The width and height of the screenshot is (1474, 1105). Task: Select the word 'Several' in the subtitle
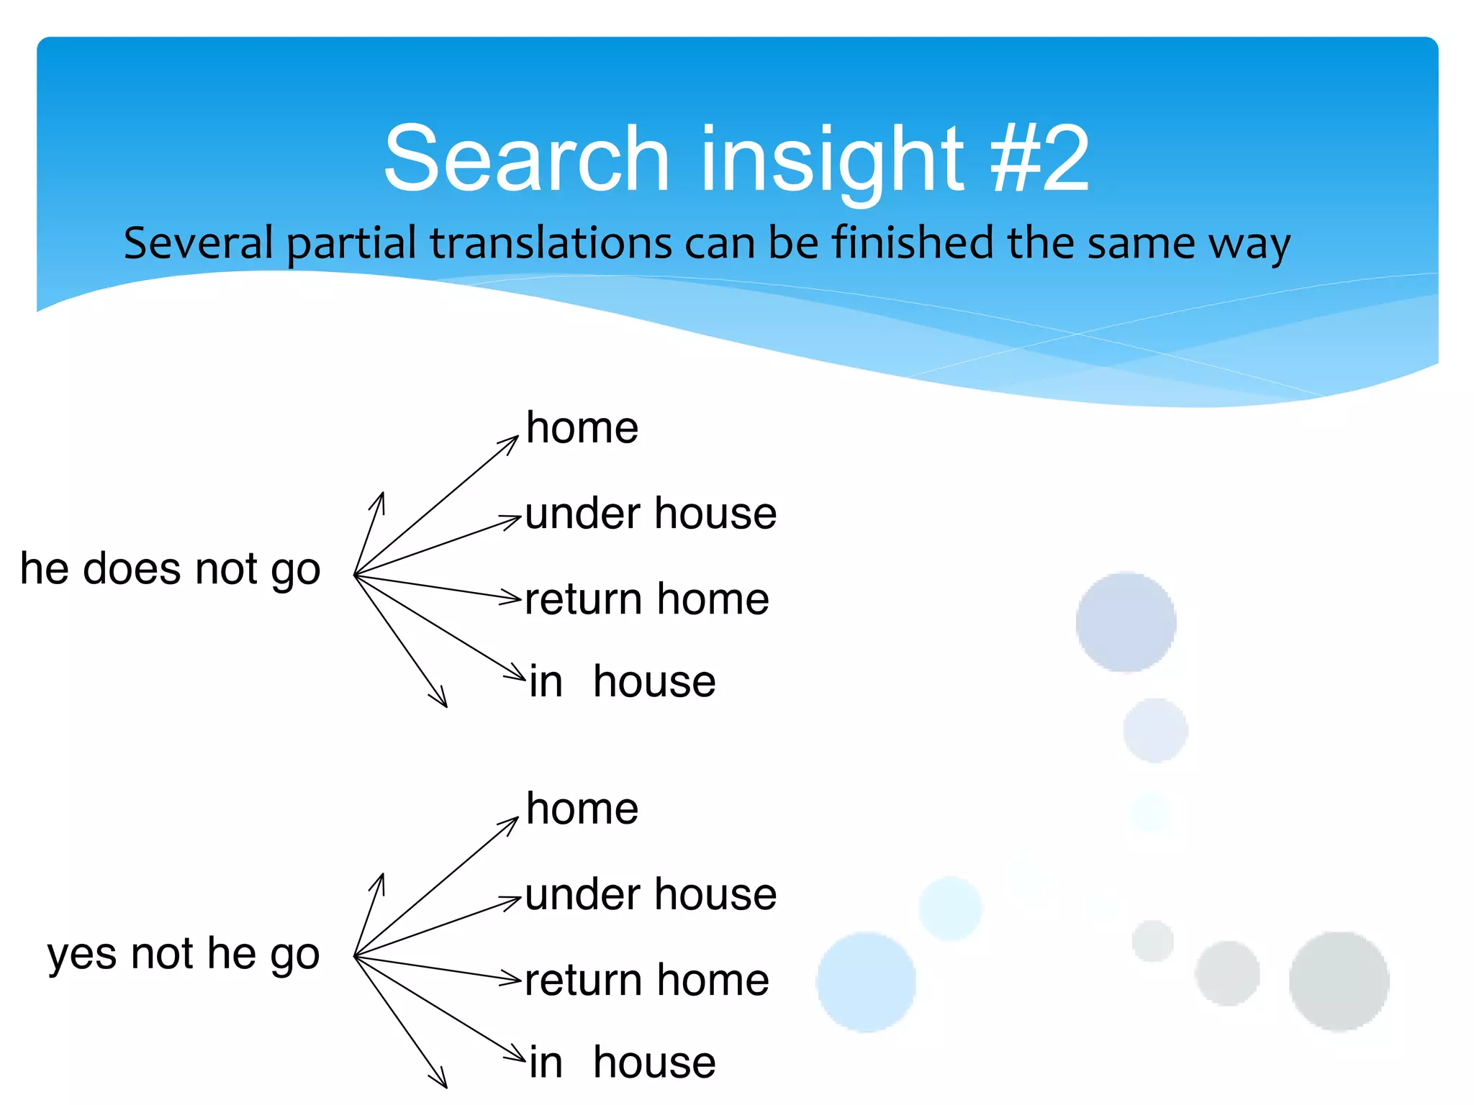pos(198,242)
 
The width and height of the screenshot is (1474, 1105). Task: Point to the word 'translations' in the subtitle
pos(551,242)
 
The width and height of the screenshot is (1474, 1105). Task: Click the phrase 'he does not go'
pos(170,570)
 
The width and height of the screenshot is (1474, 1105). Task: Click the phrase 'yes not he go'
pos(183,955)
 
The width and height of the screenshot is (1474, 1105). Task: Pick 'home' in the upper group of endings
pos(582,428)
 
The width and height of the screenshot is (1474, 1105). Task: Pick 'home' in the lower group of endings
pos(582,809)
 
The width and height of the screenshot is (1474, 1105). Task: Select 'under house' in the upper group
pos(651,514)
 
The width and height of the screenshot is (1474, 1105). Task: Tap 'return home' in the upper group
pos(646,599)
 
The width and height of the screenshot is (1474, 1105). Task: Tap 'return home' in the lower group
pos(646,980)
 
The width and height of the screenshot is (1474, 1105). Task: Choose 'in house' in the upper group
pos(622,681)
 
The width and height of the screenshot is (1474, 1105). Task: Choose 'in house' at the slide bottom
pos(622,1063)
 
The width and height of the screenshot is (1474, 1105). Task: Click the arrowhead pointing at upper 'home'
pos(512,442)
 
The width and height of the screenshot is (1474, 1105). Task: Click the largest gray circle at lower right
pos(1339,981)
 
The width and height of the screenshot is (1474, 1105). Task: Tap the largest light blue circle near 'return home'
pos(866,983)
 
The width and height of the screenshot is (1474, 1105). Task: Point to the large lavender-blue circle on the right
pos(1126,622)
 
